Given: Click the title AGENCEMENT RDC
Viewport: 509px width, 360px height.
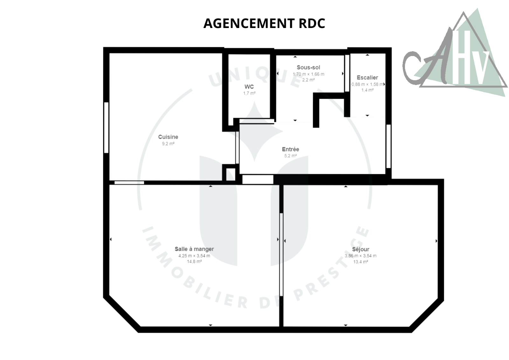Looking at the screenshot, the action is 264,23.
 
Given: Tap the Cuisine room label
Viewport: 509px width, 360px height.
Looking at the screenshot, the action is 168,137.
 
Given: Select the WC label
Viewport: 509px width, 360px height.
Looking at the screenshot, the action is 249,87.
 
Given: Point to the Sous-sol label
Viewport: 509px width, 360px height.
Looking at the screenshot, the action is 308,67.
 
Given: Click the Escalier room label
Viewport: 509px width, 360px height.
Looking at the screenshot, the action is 367,78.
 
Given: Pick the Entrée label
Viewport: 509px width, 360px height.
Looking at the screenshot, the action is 290,149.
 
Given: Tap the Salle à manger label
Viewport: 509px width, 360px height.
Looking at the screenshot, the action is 194,249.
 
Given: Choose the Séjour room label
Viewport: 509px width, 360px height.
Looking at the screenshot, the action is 361,249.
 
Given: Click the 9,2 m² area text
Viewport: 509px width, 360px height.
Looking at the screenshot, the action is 168,144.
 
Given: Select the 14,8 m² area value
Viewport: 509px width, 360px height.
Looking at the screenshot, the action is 194,262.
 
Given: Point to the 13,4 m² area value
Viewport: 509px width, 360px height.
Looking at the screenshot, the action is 361,262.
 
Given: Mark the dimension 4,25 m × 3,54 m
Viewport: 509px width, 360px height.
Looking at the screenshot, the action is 194,256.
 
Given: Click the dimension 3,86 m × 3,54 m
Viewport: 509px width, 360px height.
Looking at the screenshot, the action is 361,256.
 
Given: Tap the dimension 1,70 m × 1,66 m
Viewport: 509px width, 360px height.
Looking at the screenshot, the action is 308,74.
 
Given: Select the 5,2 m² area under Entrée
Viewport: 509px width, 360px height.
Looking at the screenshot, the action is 290,156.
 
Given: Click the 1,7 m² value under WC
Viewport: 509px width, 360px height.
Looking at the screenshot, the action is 249,93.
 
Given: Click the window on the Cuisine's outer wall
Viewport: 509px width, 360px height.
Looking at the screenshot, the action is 106,128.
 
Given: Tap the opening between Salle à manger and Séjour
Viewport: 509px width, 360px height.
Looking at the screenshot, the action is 281,254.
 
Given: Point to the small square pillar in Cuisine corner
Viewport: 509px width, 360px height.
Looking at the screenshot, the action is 231,174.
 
